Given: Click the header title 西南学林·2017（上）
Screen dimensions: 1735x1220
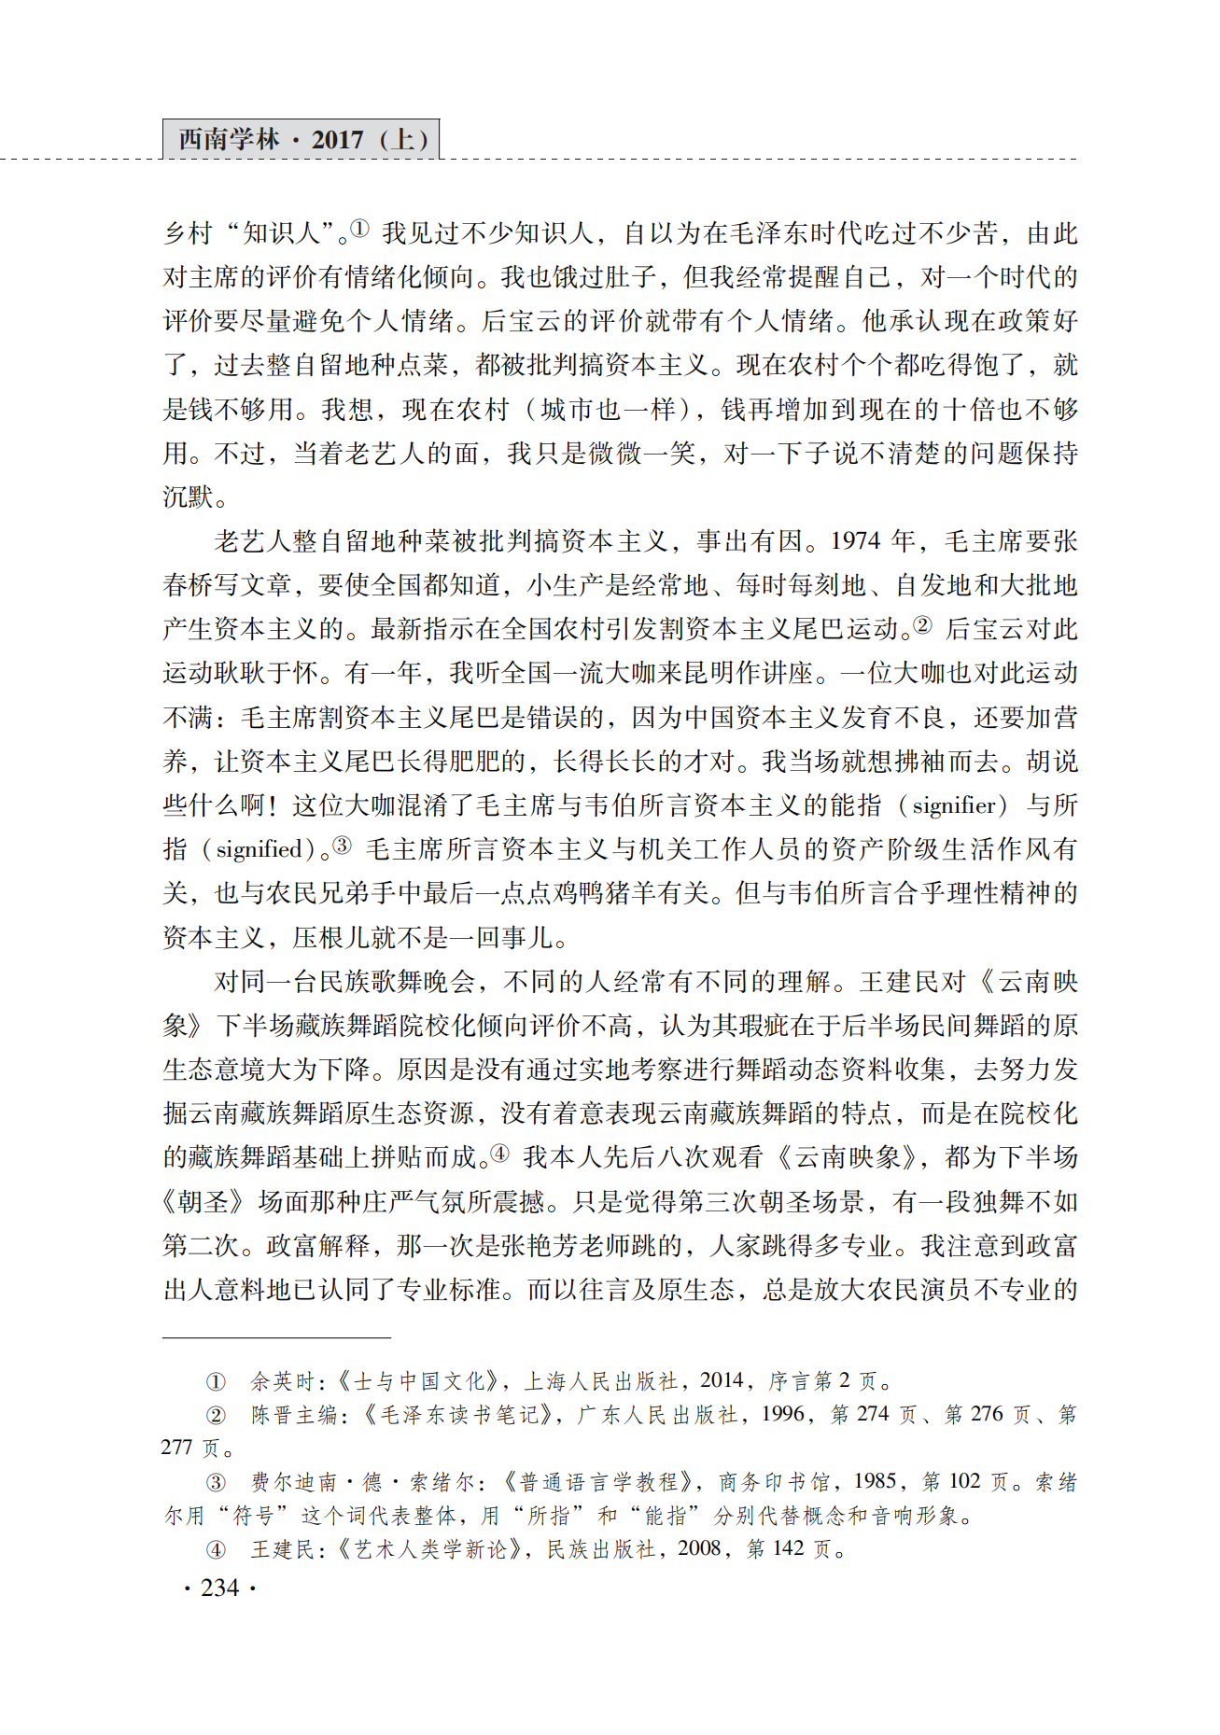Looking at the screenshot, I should click(301, 140).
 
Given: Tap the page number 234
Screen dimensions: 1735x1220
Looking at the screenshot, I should click(220, 1588).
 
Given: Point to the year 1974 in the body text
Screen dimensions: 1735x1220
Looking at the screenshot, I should click(855, 541).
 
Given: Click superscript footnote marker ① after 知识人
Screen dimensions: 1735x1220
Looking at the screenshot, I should click(359, 229).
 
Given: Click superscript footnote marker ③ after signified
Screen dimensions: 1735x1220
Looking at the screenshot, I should click(343, 845).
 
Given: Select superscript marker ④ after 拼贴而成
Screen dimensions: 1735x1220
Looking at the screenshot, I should click(500, 1154).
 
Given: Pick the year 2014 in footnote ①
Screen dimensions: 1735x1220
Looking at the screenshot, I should click(722, 1380).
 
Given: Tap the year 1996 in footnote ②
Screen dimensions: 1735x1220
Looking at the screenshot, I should click(781, 1414).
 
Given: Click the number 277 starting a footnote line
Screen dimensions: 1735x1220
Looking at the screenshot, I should click(177, 1448).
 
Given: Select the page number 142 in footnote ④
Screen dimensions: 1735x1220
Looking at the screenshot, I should click(788, 1548).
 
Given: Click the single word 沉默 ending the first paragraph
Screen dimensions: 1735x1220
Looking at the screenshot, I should click(189, 497).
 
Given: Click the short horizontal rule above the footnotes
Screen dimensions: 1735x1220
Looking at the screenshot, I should click(275, 1338).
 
